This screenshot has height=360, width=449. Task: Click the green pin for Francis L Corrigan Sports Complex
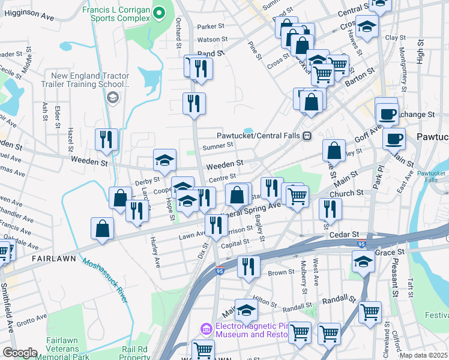[x=159, y=12]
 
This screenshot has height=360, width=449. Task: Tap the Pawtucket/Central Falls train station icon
[x=307, y=136]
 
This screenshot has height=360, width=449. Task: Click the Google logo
[x=20, y=353]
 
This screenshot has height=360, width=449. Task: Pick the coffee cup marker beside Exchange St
[x=387, y=113]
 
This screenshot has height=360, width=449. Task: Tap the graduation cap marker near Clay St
[x=366, y=26]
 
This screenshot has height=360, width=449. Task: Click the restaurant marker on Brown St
[x=249, y=266]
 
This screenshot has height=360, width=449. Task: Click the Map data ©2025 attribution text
[x=423, y=355]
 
